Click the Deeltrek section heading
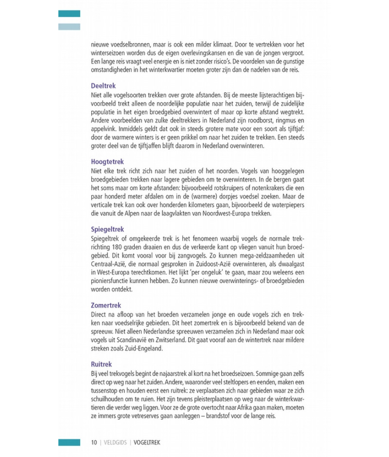pos(103,85)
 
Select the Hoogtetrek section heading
pos(107,161)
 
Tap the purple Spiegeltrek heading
pos(107,229)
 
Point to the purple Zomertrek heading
pos(106,305)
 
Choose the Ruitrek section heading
pos(102,364)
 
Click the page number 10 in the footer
pos(93,442)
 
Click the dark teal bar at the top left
pos(69,14)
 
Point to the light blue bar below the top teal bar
pos(69,27)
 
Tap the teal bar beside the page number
pos(69,442)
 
